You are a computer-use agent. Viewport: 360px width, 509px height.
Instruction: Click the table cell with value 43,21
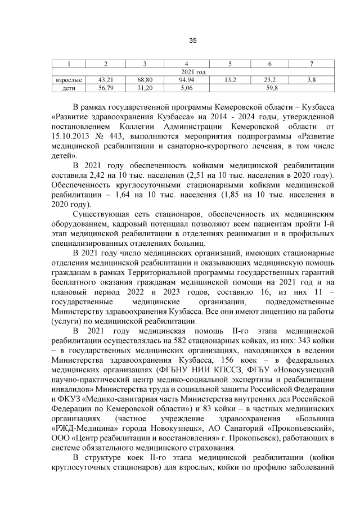[106, 80]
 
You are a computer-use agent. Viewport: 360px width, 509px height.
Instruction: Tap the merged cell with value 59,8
[271, 88]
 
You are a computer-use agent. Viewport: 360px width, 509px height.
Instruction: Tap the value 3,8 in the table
[311, 80]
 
